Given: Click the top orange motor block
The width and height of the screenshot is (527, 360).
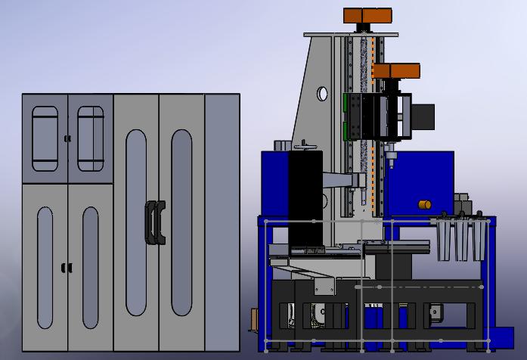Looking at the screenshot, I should (x=367, y=16).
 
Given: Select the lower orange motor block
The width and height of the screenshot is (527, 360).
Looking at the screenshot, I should (x=395, y=71).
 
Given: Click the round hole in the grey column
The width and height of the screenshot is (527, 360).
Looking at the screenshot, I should (x=322, y=94).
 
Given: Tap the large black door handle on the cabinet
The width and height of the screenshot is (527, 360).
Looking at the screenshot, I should (x=155, y=222).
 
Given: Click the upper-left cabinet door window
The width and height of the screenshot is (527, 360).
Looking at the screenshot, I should (x=45, y=138).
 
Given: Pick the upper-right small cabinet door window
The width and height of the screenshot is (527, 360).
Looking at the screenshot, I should (x=91, y=138).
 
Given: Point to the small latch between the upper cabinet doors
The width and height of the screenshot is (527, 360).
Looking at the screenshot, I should (x=67, y=138).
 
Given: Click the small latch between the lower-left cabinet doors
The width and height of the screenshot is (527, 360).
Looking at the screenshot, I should (x=67, y=268).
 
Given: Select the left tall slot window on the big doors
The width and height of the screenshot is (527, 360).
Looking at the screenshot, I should (x=136, y=222).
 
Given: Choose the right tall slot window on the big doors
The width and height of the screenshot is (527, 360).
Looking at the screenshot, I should (x=181, y=222).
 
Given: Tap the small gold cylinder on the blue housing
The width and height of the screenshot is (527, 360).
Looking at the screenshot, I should (x=425, y=204).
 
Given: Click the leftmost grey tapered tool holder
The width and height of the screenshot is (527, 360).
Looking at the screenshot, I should (x=444, y=241).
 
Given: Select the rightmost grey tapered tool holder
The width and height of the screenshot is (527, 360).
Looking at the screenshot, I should (x=479, y=241).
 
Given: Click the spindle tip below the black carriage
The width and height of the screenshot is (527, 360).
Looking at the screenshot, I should (x=392, y=157).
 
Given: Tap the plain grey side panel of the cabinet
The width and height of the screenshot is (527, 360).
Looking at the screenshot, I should (x=222, y=222).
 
